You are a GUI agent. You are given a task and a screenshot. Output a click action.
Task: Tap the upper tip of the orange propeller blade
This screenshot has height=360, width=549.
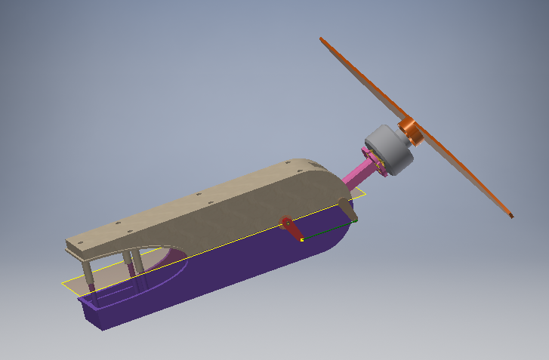(x=322, y=39)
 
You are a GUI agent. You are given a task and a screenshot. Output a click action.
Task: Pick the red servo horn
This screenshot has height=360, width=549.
(x=289, y=226)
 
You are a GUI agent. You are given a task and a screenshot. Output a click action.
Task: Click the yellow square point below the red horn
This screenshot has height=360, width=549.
(x=301, y=240)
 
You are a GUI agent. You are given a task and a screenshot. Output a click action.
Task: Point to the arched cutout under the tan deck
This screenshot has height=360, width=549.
(x=155, y=260)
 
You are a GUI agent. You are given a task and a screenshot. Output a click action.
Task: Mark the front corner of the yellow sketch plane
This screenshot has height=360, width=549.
(x=63, y=285)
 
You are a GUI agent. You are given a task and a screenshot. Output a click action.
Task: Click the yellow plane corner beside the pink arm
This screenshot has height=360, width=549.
(x=364, y=193)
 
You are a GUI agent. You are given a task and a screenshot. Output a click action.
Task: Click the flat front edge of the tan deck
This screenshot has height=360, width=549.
(x=72, y=248)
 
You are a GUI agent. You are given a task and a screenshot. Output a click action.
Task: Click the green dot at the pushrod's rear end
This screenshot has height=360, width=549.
(x=354, y=222)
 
